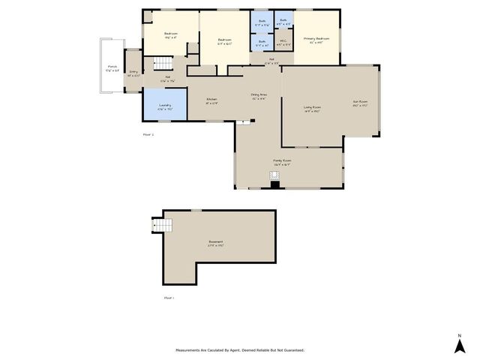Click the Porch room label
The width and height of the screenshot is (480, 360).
click(112, 67)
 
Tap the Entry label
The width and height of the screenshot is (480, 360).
click(133, 73)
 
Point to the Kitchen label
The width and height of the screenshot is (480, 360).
click(212, 99)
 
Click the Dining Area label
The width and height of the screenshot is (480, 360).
click(259, 94)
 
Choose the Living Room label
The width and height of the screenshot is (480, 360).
click(312, 107)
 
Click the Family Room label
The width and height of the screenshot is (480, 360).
click(282, 160)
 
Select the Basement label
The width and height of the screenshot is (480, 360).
click(216, 241)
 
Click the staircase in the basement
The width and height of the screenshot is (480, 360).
click(164, 224)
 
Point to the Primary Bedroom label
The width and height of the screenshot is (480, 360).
click(316, 38)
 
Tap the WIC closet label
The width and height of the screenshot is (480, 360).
click(283, 40)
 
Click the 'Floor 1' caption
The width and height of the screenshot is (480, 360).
click(169, 298)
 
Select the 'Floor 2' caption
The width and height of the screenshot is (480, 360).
click(148, 134)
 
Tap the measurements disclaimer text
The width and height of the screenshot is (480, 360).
click(240, 350)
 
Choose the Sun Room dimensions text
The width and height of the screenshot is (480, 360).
click(361, 105)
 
